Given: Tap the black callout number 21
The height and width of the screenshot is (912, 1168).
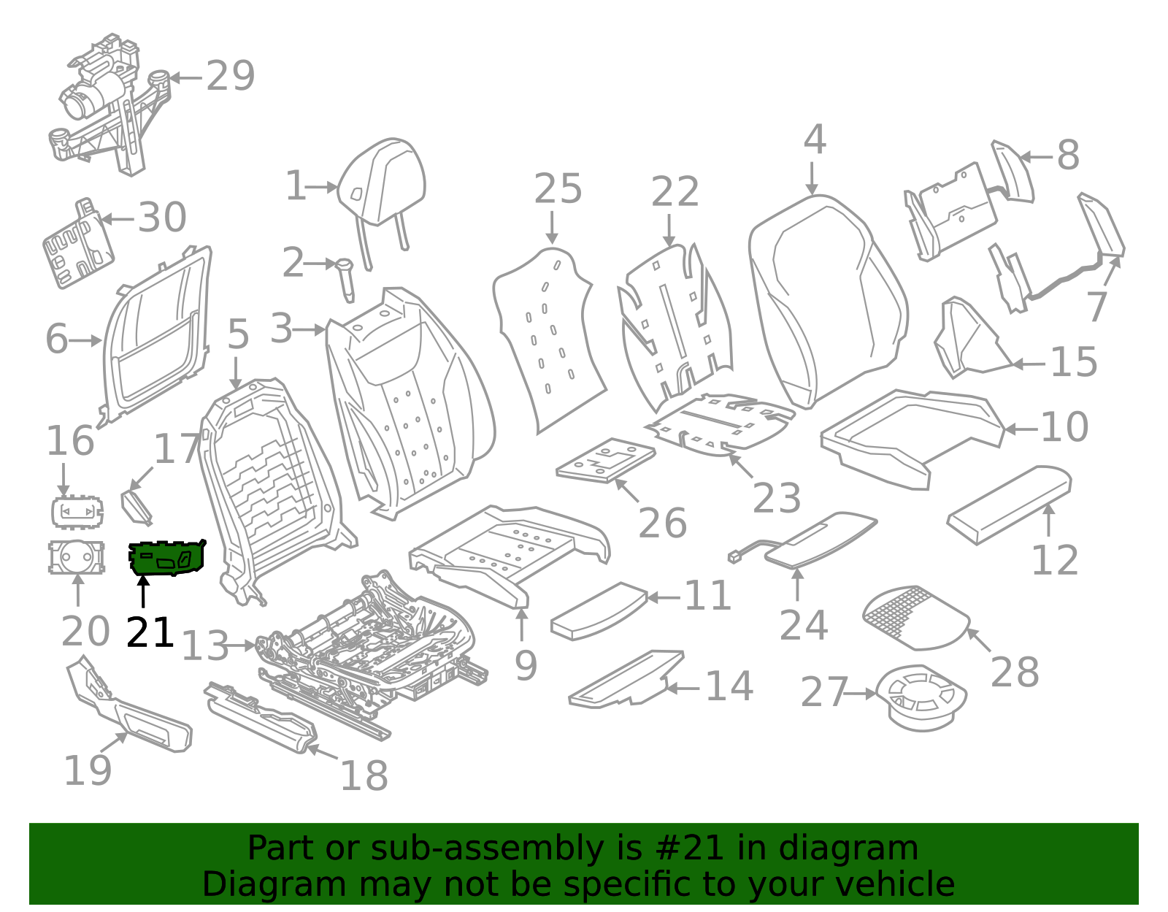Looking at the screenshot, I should click(x=150, y=632).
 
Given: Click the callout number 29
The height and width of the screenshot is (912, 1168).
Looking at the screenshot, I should click(x=230, y=76).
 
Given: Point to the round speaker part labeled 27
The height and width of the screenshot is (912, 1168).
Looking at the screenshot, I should click(x=921, y=697).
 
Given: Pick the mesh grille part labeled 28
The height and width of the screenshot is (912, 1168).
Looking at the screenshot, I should click(x=914, y=618).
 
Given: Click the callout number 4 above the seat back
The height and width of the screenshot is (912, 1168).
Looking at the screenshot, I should click(x=814, y=140).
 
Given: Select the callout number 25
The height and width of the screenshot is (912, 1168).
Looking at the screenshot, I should click(x=558, y=189).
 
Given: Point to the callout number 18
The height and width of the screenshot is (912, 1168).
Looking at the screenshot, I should click(x=364, y=775).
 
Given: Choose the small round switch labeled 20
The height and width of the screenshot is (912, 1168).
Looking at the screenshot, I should click(x=76, y=557).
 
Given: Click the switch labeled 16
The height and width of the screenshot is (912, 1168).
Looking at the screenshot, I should click(x=77, y=512).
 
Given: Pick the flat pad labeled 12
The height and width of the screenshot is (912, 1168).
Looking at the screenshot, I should click(x=1010, y=505).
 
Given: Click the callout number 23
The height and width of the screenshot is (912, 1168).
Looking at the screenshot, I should click(x=777, y=499).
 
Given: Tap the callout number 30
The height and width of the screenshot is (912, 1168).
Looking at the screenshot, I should click(x=162, y=218).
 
